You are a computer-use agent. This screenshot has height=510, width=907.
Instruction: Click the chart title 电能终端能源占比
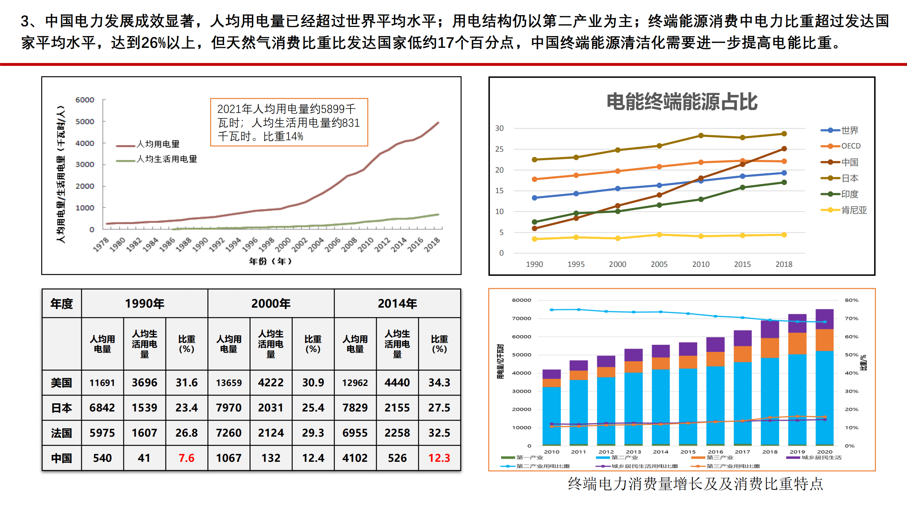pyautogui.click(x=682, y=102)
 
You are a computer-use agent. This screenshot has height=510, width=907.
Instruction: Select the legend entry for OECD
pyautogui.click(x=850, y=146)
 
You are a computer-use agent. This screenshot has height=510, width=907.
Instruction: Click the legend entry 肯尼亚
pyautogui.click(x=853, y=210)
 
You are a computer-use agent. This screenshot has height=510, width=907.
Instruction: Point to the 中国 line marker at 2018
pyautogui.click(x=784, y=149)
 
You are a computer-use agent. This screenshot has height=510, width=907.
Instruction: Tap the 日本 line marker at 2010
pyautogui.click(x=701, y=135)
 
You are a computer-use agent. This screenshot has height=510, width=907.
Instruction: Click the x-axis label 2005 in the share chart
pyautogui.click(x=659, y=264)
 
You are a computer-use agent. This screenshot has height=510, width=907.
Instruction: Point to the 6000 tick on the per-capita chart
pyautogui.click(x=85, y=100)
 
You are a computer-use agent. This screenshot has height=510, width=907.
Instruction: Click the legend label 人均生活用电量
pyautogui.click(x=167, y=159)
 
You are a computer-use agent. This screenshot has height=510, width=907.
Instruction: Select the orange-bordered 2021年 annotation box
pyautogui.click(x=289, y=122)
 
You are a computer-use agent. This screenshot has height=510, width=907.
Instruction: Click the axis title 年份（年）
pyautogui.click(x=270, y=261)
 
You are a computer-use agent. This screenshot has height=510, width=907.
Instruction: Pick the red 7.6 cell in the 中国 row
pyautogui.click(x=186, y=458)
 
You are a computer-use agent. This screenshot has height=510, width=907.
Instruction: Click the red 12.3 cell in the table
pyautogui.click(x=439, y=458)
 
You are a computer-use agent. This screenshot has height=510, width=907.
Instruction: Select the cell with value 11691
pyautogui.click(x=102, y=383)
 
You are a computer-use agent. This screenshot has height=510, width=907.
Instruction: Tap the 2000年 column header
pyautogui.click(x=271, y=303)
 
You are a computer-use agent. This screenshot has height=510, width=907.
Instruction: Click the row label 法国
pyautogui.click(x=61, y=433)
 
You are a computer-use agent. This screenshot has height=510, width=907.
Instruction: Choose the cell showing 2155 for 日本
pyautogui.click(x=397, y=408)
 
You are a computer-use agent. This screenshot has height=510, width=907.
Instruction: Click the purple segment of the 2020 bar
pyautogui.click(x=824, y=319)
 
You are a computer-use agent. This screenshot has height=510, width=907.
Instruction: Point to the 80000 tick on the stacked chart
pyautogui.click(x=521, y=300)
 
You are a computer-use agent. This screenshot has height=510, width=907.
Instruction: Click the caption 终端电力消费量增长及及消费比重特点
pyautogui.click(x=695, y=484)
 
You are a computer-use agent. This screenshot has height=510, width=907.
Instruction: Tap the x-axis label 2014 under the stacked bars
pyautogui.click(x=660, y=452)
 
